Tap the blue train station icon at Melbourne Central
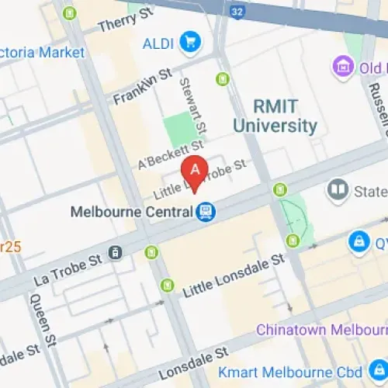206,210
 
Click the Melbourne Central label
131,211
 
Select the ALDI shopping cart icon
189,42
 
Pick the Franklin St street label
141,87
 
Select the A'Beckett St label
170,154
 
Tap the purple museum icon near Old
344,68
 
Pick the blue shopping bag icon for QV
359,242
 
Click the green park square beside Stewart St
180,126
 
